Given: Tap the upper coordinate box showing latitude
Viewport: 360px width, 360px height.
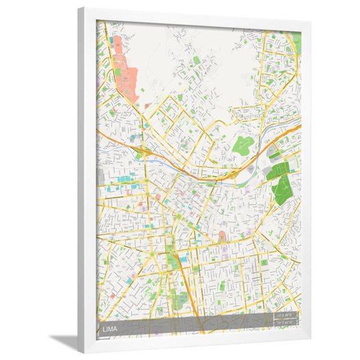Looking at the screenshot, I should pyautogui.click(x=286, y=315).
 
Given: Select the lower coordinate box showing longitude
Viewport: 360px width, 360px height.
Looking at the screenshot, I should pyautogui.click(x=286, y=322).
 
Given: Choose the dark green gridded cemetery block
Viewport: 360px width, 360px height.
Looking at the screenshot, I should pyautogui.click(x=278, y=171).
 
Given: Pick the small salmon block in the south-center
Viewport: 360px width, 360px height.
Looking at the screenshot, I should pyautogui.click(x=222, y=236).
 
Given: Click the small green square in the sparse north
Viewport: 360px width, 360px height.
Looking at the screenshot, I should pyautogui.click(x=197, y=61).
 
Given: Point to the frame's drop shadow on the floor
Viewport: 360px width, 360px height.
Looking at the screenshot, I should pyautogui.click(x=66, y=341).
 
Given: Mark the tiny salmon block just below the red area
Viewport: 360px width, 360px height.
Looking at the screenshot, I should pyautogui.click(x=147, y=106).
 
